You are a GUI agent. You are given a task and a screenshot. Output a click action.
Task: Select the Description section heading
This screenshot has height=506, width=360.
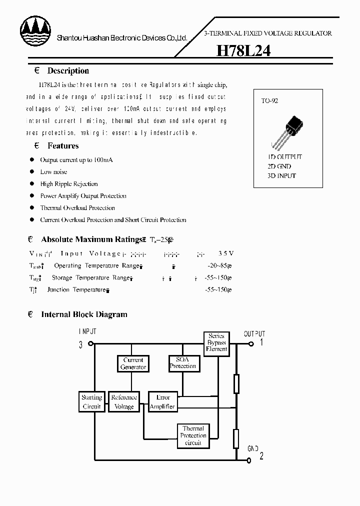(x=68, y=71)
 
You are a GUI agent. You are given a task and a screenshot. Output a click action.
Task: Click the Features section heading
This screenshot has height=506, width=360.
(x=63, y=146)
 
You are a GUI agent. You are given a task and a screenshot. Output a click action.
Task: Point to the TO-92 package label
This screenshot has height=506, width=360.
(x=269, y=100)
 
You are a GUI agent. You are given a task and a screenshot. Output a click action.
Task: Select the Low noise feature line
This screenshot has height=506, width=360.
(x=53, y=172)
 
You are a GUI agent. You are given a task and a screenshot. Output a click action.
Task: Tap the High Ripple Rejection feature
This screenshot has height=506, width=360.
(x=69, y=184)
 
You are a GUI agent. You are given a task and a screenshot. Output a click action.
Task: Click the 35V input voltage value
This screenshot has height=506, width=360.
(x=226, y=253)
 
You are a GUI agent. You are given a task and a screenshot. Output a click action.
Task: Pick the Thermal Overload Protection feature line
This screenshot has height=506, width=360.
(x=77, y=208)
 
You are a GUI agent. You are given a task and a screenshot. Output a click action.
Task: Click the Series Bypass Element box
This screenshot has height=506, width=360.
(x=216, y=342)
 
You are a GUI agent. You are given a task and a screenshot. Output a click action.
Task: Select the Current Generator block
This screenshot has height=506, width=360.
(x=133, y=363)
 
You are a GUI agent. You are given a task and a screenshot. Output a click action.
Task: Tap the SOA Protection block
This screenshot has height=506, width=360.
(x=183, y=363)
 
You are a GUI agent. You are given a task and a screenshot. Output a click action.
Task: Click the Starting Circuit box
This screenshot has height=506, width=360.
(x=91, y=402)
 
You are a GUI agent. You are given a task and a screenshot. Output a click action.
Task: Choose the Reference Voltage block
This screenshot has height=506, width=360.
(x=124, y=402)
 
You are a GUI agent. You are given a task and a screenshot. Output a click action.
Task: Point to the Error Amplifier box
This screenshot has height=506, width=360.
(x=163, y=402)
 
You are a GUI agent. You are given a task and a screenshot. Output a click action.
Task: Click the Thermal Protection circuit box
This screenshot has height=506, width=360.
(x=193, y=435)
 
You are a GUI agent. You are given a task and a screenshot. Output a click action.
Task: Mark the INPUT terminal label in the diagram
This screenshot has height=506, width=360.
(x=87, y=331)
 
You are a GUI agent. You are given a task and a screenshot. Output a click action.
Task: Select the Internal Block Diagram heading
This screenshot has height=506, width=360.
(x=84, y=314)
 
